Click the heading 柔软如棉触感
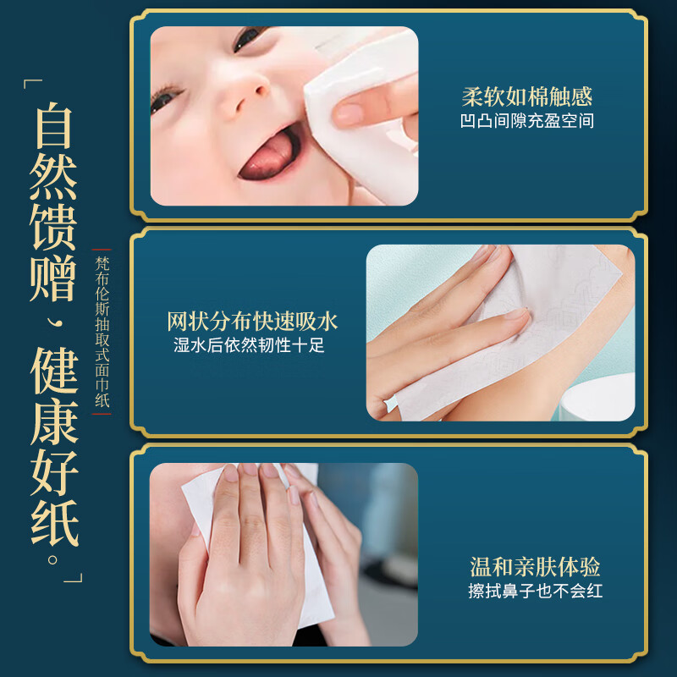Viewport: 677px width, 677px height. point(526,96)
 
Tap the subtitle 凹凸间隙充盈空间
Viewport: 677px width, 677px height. point(526,121)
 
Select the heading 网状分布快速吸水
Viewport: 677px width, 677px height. point(252,322)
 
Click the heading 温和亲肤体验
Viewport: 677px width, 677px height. point(535,566)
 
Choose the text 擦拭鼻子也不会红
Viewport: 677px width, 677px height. point(535,591)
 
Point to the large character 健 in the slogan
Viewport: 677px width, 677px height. point(56,372)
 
